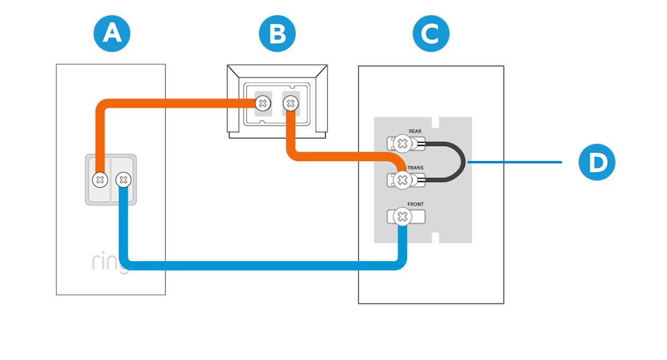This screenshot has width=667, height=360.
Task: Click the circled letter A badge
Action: coord(112,34)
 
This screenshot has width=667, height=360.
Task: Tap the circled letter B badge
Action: coord(277,34)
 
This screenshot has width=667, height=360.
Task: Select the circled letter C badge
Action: coord(431,34)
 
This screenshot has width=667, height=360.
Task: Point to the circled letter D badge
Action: coord(597,162)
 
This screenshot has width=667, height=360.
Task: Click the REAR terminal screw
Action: coord(402,144)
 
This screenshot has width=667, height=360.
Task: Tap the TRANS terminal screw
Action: coord(402,180)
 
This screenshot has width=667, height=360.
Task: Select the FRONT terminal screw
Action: coord(402,217)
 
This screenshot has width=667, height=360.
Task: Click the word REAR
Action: coord(415,132)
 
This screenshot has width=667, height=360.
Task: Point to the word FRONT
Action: coord(415,204)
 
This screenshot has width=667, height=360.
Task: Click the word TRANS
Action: coord(416,168)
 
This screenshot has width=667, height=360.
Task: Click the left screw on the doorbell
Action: coord(100,180)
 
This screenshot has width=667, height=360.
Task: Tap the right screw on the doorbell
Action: coord(123,180)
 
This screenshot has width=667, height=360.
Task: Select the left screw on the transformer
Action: coord(262,103)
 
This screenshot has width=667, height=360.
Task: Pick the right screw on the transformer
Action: coord(290,103)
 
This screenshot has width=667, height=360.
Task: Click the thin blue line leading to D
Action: coord(514,162)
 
